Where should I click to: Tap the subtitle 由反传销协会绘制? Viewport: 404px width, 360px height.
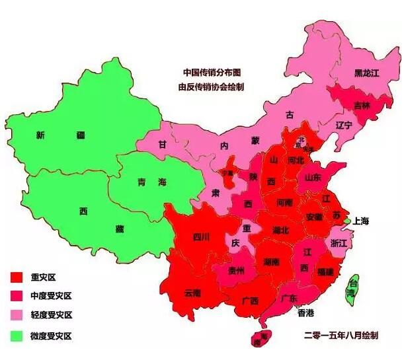211,86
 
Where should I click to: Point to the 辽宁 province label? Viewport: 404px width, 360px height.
344,125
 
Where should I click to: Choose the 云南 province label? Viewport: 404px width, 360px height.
192,293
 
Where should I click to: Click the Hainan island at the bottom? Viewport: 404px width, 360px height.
261,338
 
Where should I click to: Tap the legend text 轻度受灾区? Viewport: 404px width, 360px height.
51,316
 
